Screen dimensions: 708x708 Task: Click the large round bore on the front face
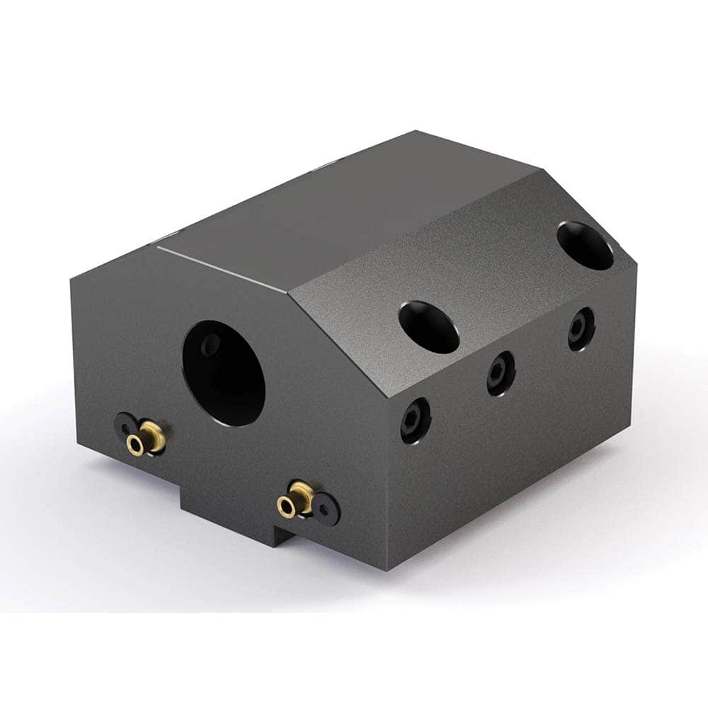pos(224,372)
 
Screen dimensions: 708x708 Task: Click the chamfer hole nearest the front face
pos(428,326)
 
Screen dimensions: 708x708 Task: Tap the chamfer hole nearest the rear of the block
pos(585,245)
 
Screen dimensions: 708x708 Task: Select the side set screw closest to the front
pos(415,421)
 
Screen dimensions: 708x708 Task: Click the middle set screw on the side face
pos(501,374)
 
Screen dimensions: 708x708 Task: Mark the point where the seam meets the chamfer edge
pos(290,293)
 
